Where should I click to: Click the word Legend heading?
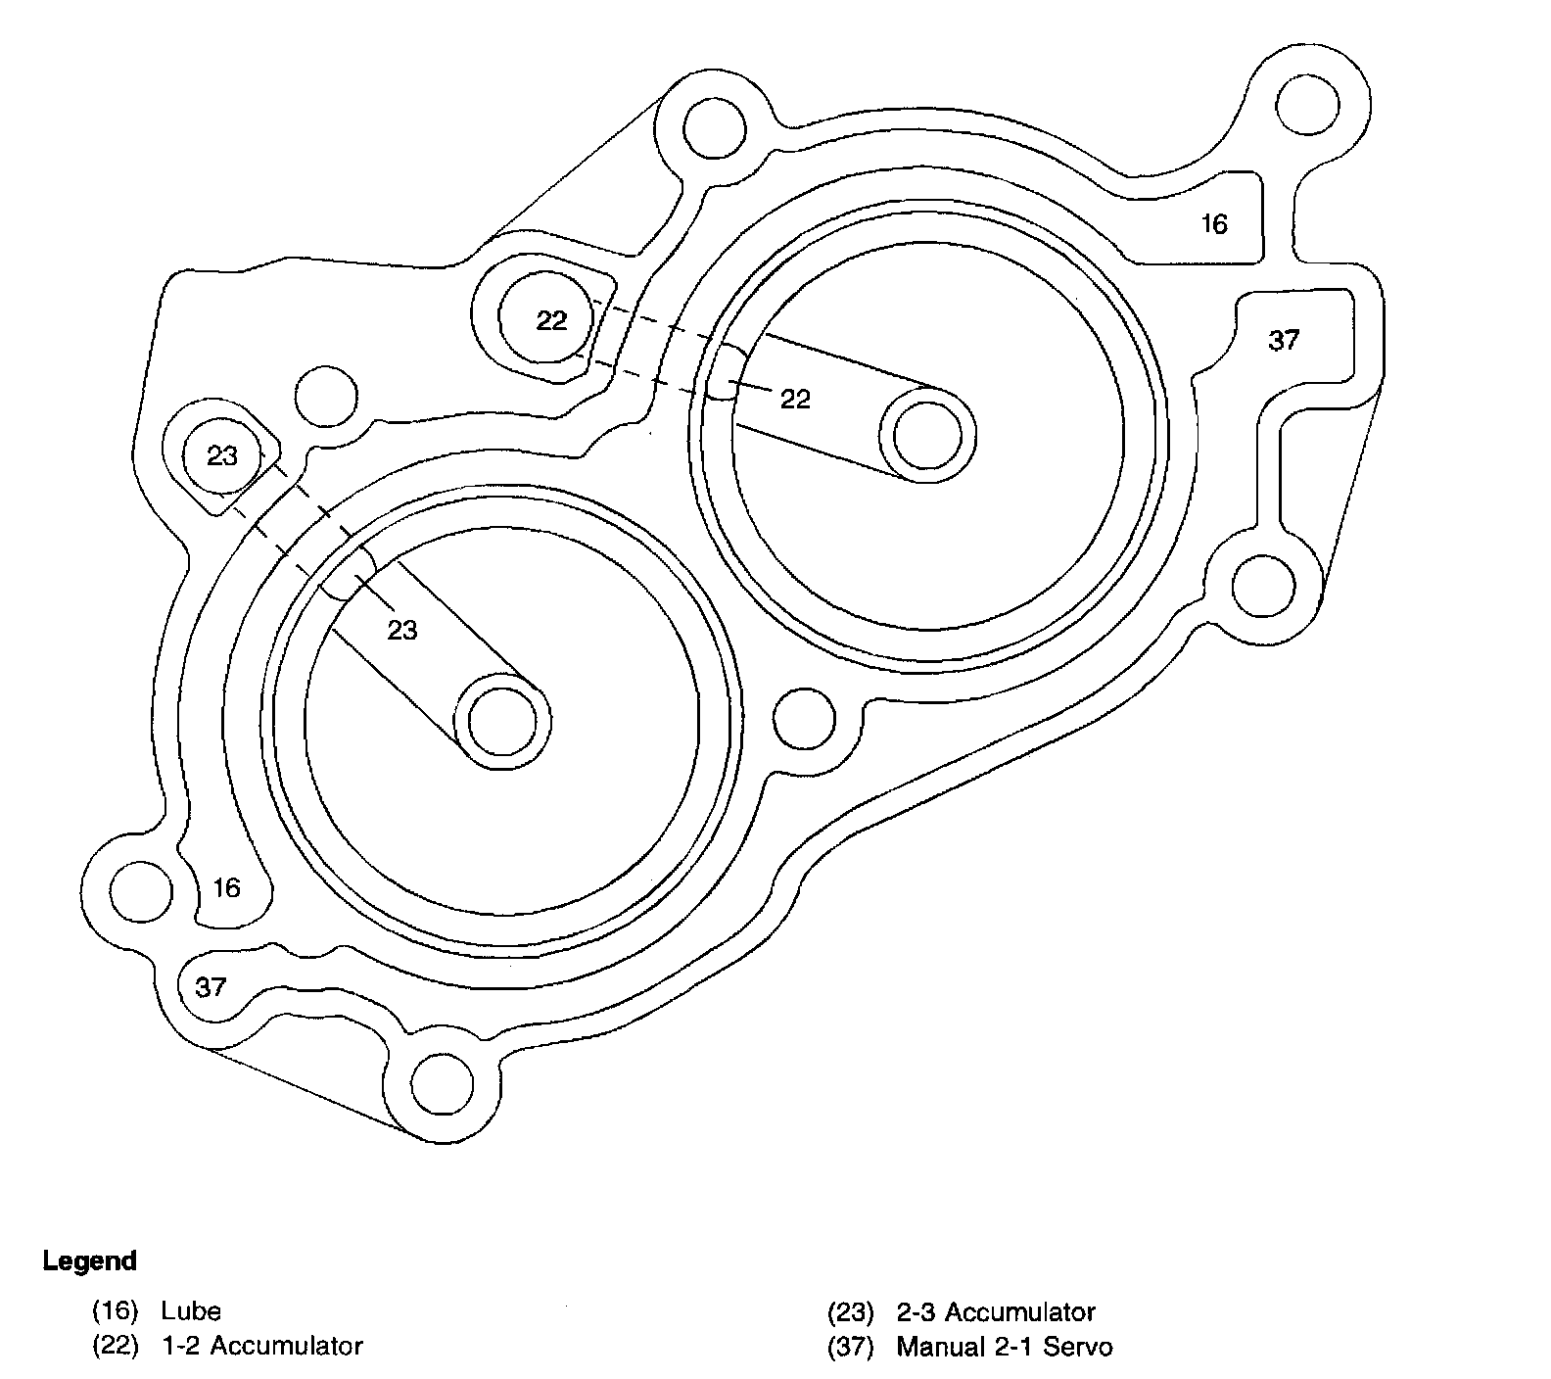[89, 1261]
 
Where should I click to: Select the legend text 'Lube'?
[191, 1311]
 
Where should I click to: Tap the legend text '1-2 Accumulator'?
[261, 1347]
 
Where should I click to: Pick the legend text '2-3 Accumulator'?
[995, 1311]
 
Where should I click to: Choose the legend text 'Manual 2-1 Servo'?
[1004, 1347]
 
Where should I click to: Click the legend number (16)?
[115, 1311]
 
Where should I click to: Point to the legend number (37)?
[849, 1347]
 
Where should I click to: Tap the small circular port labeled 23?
[222, 455]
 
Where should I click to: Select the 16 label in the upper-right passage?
[1213, 225]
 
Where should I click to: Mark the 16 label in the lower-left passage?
[226, 887]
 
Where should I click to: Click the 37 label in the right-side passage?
[1283, 340]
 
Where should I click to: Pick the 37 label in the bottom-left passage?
[211, 986]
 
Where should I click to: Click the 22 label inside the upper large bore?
[795, 399]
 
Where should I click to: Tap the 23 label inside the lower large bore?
[402, 630]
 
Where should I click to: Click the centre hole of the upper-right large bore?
[928, 435]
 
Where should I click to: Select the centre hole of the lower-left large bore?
[502, 722]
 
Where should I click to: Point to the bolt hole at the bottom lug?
[443, 1084]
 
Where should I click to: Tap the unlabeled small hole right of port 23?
[327, 396]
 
